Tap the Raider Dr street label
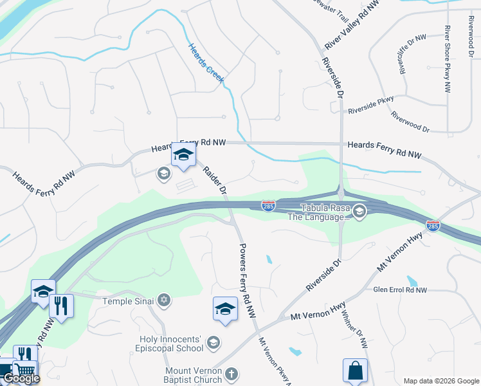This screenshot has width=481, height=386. pyautogui.click(x=215, y=181)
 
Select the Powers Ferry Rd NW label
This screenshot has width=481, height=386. pyautogui.click(x=247, y=280)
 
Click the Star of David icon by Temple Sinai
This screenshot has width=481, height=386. pyautogui.click(x=164, y=300)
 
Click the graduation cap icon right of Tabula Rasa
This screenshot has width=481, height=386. pyautogui.click(x=359, y=211)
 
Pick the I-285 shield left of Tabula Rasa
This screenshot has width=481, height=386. pyautogui.click(x=269, y=206)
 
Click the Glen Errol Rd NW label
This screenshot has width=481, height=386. pyautogui.click(x=400, y=290)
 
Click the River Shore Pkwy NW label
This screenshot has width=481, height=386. pyautogui.click(x=447, y=59)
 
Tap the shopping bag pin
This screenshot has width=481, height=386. pyautogui.click(x=355, y=372)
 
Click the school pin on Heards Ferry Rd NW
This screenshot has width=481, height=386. pyautogui.click(x=183, y=156)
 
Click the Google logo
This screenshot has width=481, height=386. pyautogui.click(x=21, y=378)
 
